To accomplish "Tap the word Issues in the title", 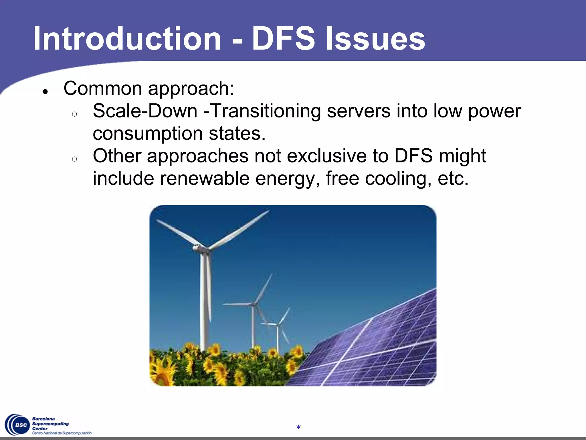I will click(x=375, y=39).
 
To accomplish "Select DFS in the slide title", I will click(x=283, y=39).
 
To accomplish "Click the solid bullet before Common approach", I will click(x=45, y=92).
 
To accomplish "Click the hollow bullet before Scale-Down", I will click(x=75, y=114).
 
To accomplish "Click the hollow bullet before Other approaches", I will click(x=75, y=159).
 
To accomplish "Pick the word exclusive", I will click(x=326, y=156).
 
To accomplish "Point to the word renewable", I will click(x=205, y=178).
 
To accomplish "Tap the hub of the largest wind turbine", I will click(x=200, y=247).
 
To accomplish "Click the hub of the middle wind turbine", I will click(x=254, y=304).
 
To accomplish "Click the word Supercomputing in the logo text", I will click(x=50, y=424).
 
